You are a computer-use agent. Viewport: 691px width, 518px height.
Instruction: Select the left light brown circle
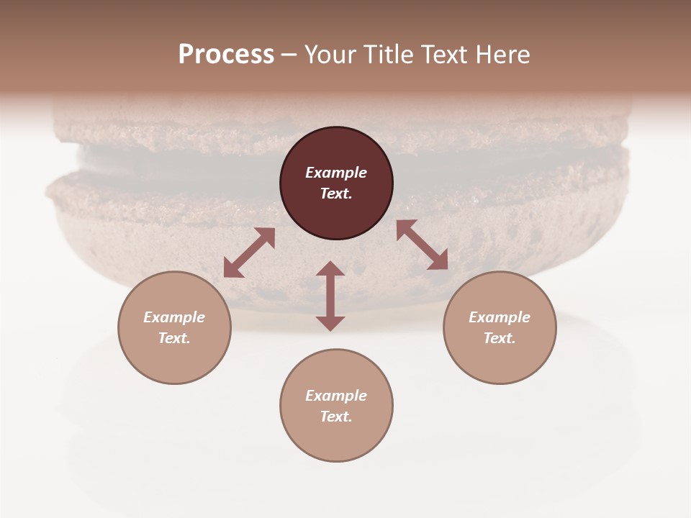[174, 360]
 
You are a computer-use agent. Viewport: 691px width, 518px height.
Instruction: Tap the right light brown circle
[500, 360]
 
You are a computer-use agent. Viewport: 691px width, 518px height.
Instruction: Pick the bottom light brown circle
[336, 438]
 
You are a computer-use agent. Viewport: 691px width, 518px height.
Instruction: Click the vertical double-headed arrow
[330, 296]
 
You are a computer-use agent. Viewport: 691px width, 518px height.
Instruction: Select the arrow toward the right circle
[422, 245]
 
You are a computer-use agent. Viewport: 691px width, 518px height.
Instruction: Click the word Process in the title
[226, 55]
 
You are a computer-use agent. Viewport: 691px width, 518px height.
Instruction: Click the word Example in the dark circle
[336, 173]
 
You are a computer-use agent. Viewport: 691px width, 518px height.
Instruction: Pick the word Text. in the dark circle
[336, 194]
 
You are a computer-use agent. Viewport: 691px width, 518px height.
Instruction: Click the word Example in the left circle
[174, 317]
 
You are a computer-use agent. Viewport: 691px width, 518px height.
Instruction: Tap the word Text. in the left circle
[174, 338]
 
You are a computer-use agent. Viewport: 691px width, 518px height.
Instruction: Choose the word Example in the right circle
[500, 317]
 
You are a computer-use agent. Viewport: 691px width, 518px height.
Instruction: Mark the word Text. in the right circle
[500, 338]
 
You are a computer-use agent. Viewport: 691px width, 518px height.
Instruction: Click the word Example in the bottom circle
[336, 396]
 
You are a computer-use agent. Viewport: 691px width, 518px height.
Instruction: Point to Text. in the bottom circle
[336, 417]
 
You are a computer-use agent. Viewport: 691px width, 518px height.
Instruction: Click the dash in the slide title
[289, 55]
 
